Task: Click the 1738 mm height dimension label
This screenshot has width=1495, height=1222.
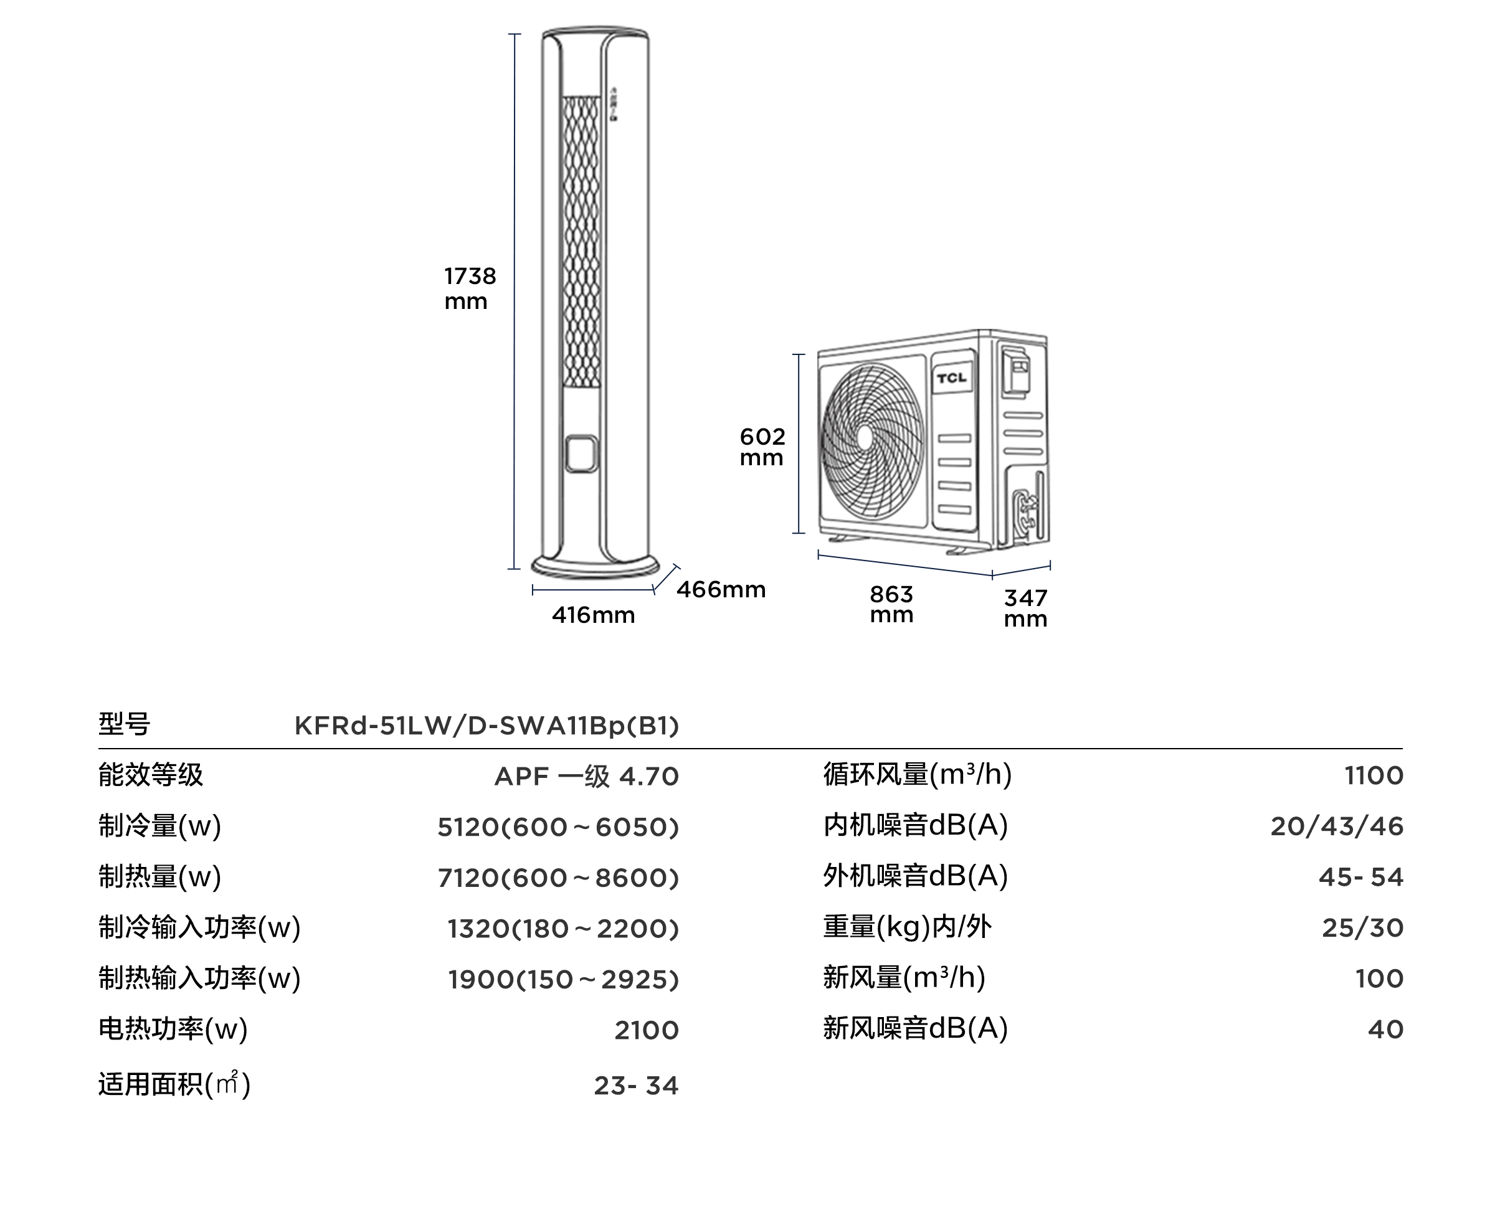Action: click(470, 288)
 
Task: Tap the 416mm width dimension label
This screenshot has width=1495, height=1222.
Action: click(594, 616)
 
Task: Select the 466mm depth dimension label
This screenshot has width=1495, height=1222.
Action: click(721, 590)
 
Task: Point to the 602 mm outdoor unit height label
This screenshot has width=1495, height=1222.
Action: click(762, 447)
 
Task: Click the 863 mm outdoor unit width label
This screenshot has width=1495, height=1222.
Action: click(891, 605)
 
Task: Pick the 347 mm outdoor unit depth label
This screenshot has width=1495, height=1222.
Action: click(1025, 608)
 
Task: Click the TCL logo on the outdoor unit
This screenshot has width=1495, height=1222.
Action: click(952, 378)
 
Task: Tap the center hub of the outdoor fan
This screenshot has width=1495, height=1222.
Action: click(865, 437)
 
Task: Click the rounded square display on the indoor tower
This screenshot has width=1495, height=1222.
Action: click(581, 454)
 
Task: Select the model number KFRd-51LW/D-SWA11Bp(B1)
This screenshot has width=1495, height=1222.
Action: click(487, 726)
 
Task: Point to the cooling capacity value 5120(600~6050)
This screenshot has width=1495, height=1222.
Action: click(558, 827)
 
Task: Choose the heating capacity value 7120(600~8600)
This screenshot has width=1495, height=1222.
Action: click(558, 878)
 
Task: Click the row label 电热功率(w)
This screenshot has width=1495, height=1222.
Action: click(173, 1029)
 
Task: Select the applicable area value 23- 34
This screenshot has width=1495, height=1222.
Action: click(636, 1086)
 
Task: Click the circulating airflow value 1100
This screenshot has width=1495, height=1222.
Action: click(1374, 775)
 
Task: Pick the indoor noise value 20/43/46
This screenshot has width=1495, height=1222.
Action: click(1337, 827)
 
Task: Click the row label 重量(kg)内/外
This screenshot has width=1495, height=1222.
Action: click(907, 927)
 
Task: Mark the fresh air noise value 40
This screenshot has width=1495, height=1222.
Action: click(1385, 1030)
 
